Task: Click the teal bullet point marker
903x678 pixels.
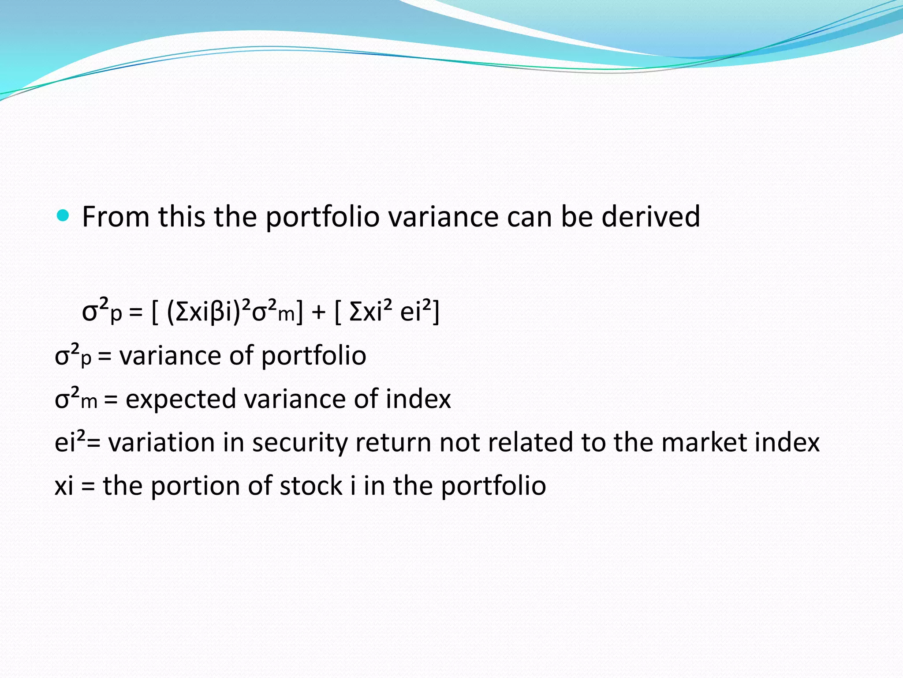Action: (63, 216)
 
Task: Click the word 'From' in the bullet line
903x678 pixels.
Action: (116, 217)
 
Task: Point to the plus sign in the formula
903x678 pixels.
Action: (318, 312)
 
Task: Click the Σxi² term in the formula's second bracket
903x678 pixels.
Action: (370, 311)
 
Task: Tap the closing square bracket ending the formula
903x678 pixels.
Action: (436, 312)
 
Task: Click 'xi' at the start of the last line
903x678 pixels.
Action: (64, 486)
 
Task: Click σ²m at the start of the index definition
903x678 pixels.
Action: (75, 399)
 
